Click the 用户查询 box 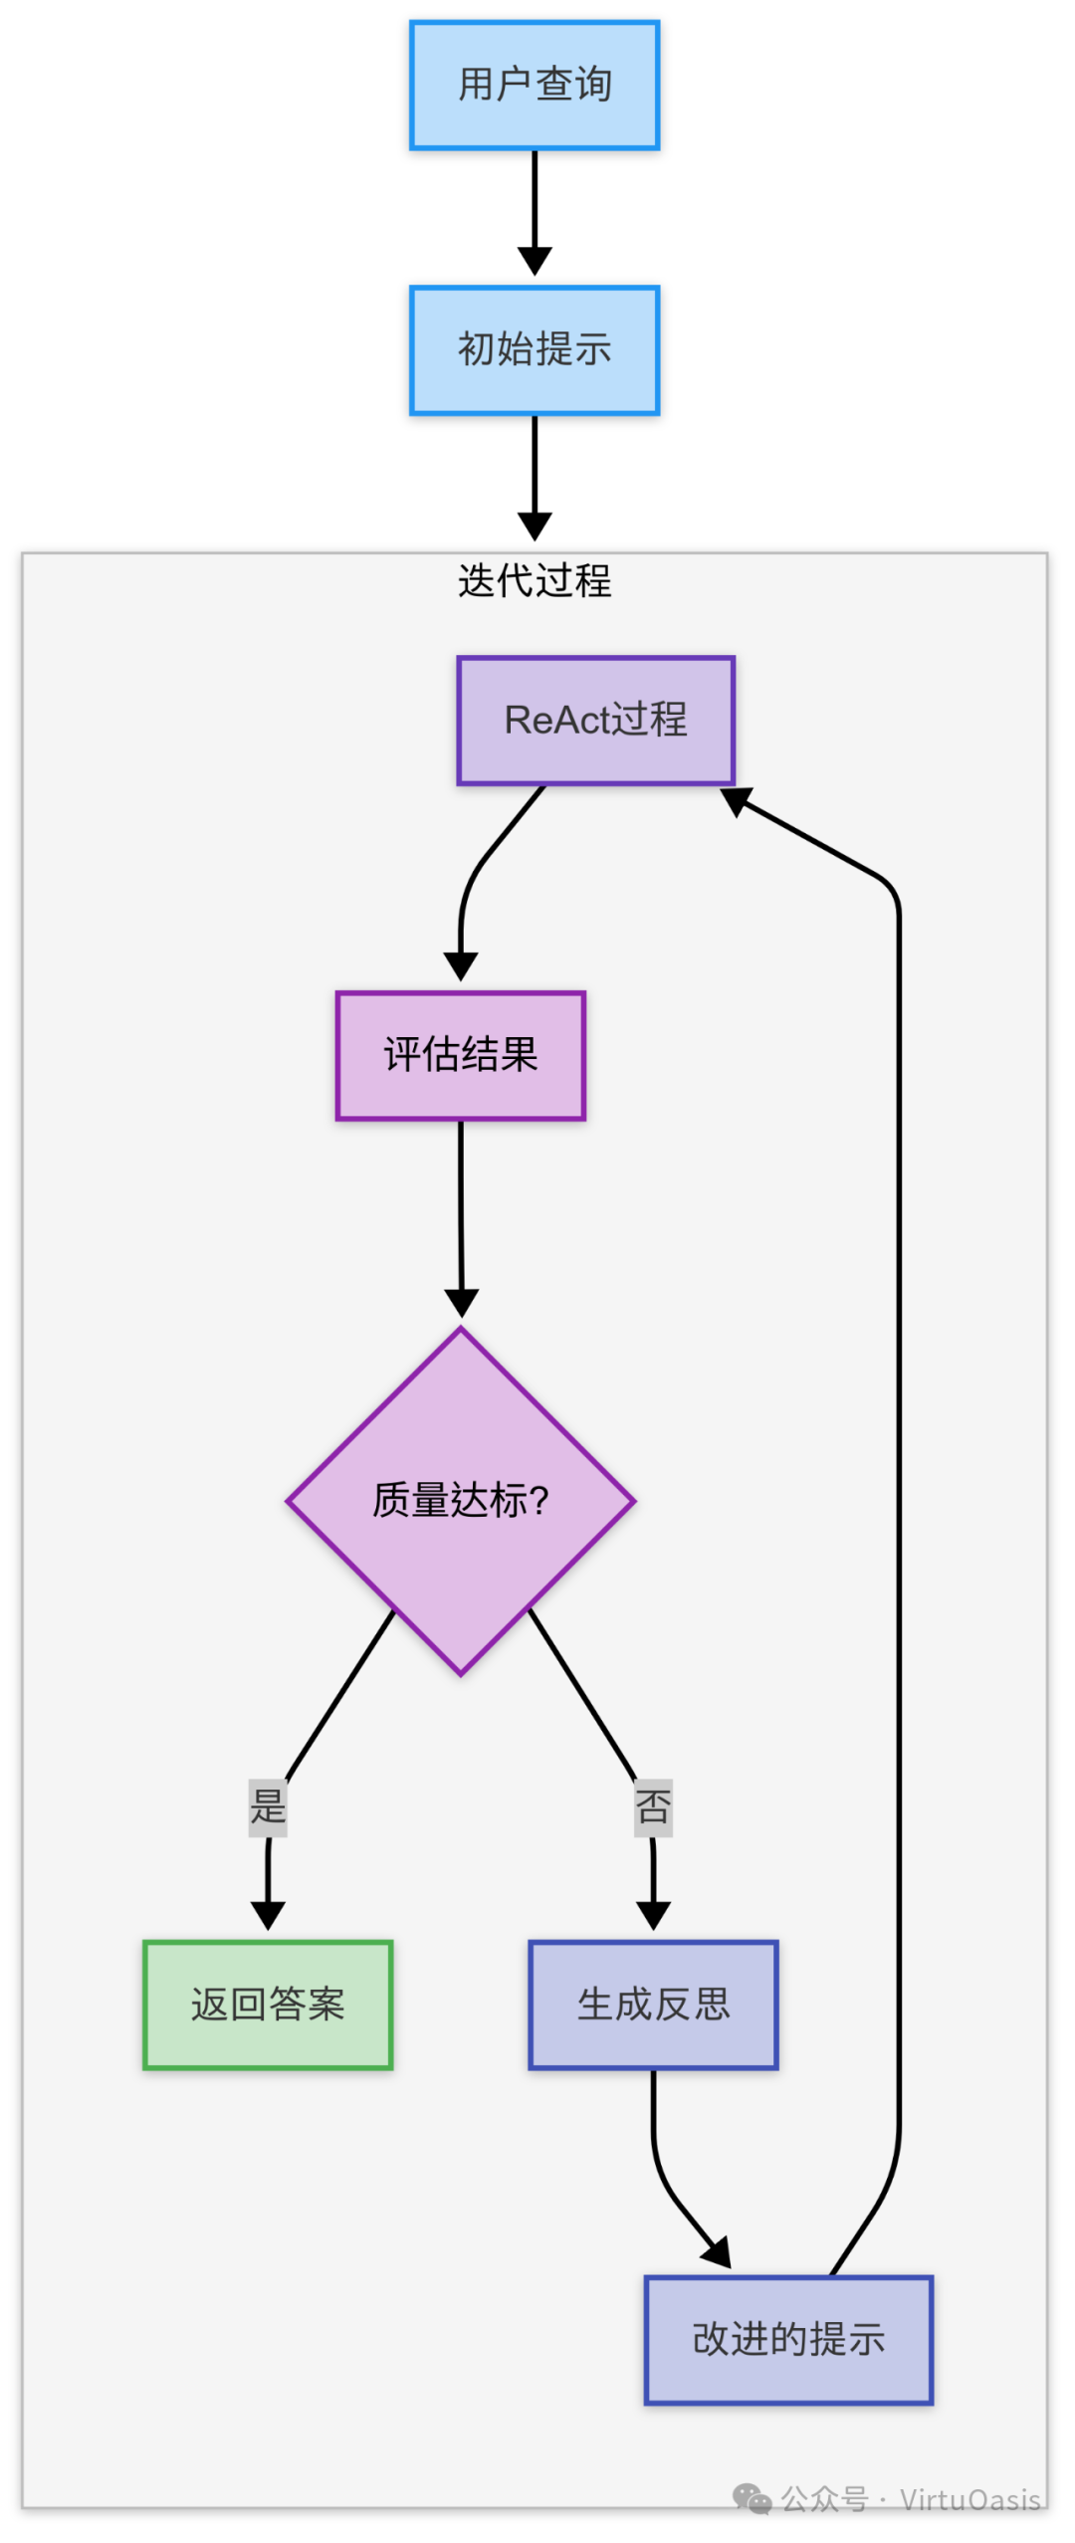535,86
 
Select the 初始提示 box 535,350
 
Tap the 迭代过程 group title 535,580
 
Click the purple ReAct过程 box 595,720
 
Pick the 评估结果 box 460,1055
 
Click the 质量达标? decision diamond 460,1500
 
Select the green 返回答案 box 268,2004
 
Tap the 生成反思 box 653,2004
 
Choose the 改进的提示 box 788,2339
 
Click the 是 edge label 268,1806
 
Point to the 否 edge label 653,1806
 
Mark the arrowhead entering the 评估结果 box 460,966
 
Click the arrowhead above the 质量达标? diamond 461,1303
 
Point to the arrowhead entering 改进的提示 719,2252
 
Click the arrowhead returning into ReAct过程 736,800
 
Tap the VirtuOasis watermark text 969,2499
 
